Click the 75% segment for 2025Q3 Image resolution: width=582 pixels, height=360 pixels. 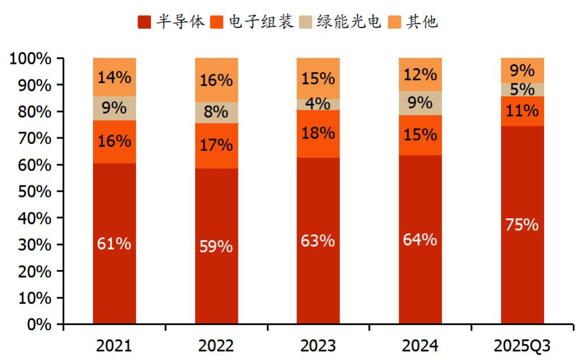point(522,224)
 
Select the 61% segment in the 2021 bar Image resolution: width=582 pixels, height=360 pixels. point(114,243)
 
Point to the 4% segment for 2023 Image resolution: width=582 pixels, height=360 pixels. point(318,104)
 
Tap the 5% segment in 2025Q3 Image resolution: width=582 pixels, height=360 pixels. point(522,90)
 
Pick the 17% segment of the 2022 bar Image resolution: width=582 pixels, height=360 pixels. point(216,146)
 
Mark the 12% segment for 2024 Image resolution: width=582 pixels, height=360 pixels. point(420,74)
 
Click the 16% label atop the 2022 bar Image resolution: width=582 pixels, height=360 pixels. point(216,80)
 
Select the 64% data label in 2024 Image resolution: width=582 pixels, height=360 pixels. point(420,239)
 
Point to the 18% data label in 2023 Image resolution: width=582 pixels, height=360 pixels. point(318,133)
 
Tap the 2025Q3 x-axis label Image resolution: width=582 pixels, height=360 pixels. point(522,346)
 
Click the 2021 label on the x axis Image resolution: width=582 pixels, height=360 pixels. point(114,346)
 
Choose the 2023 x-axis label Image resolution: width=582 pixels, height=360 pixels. point(318,346)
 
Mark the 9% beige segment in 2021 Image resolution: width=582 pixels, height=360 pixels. point(114,108)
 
